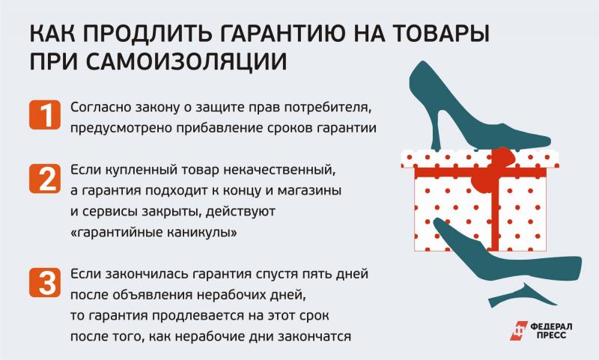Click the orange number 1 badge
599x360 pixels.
point(45,115)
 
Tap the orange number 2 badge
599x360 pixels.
point(45,178)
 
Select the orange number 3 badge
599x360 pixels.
point(45,282)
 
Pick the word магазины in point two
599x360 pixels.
point(309,190)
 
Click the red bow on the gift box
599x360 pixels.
point(493,168)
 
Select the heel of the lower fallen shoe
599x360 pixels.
point(522,295)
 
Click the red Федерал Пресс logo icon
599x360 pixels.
point(519,331)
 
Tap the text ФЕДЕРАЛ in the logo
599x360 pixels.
point(551,327)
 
